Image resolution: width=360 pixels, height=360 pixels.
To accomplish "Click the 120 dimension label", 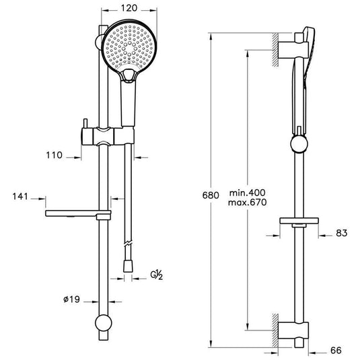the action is click(129, 8).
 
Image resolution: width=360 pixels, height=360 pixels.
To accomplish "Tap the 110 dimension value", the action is click(55, 155).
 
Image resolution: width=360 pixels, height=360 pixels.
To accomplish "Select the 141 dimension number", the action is click(20, 196).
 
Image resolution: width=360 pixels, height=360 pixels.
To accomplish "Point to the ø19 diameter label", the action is click(71, 299).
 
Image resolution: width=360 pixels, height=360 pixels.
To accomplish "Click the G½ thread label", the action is click(157, 275).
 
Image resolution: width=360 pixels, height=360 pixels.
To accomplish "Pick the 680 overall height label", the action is click(211, 195).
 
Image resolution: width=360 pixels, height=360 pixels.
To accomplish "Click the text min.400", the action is click(247, 192).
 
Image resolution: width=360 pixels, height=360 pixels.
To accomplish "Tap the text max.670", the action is click(247, 203).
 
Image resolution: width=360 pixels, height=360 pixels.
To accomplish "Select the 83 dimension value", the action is click(342, 233).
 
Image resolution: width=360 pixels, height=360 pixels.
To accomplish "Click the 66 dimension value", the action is click(336, 351).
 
